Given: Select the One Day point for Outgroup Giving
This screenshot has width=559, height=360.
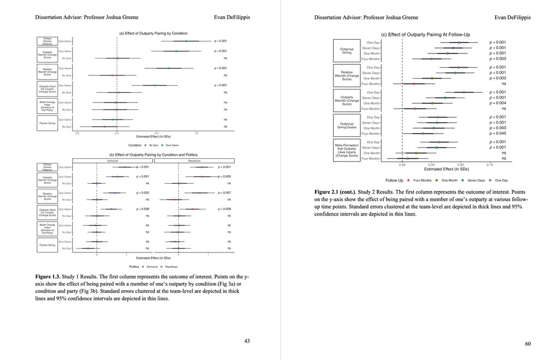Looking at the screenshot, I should [x=459, y=42].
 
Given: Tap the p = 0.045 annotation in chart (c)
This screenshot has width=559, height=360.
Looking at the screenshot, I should [x=497, y=134].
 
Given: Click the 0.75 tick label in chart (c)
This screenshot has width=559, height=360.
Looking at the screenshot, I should [x=490, y=164].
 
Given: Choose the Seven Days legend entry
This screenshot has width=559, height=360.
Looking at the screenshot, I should [x=475, y=180].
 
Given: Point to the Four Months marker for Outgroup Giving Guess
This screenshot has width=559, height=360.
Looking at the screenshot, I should [x=423, y=134].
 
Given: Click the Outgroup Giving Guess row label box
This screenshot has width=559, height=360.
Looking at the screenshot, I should [x=347, y=125].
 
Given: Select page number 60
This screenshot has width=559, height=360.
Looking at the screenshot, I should [x=528, y=344].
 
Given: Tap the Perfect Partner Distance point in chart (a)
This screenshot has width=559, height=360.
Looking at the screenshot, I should [x=186, y=41].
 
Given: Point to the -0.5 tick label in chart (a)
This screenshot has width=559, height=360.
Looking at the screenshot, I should [x=78, y=133].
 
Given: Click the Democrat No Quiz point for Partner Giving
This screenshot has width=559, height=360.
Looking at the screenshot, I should [x=88, y=249].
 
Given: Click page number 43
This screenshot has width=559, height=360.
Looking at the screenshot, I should [x=247, y=341].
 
